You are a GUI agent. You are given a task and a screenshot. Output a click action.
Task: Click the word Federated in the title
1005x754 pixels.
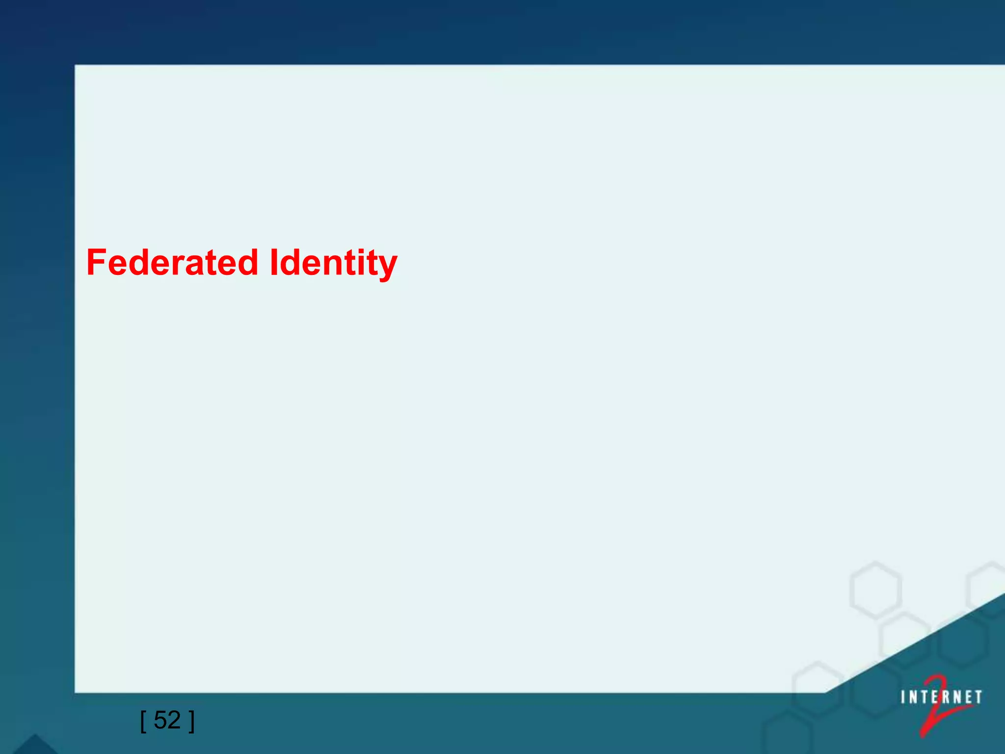pyautogui.click(x=172, y=262)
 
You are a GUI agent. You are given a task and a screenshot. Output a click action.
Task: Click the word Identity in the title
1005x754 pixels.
pyautogui.click(x=334, y=263)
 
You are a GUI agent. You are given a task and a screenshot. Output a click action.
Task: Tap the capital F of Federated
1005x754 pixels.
pyautogui.click(x=97, y=262)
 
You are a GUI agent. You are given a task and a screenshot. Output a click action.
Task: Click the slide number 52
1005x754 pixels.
pyautogui.click(x=167, y=720)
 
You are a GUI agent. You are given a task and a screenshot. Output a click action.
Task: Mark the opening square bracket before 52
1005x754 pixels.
pyautogui.click(x=143, y=721)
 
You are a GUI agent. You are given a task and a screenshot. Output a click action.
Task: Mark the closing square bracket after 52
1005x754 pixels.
pyautogui.click(x=191, y=721)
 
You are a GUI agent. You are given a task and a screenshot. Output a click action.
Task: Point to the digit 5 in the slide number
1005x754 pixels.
pyautogui.click(x=160, y=720)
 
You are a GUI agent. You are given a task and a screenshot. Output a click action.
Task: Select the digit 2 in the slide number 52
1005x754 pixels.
pyautogui.click(x=174, y=720)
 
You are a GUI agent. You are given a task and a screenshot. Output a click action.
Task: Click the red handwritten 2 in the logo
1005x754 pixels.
pyautogui.click(x=935, y=707)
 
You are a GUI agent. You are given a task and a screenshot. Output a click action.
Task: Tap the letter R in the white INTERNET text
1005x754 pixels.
pyautogui.click(x=944, y=698)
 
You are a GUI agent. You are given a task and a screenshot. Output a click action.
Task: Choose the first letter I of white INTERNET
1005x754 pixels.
pyautogui.click(x=903, y=698)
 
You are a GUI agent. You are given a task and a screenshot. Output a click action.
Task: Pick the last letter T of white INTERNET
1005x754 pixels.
pyautogui.click(x=978, y=698)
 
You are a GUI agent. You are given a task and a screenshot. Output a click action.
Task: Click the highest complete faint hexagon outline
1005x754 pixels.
pyautogui.click(x=875, y=590)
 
